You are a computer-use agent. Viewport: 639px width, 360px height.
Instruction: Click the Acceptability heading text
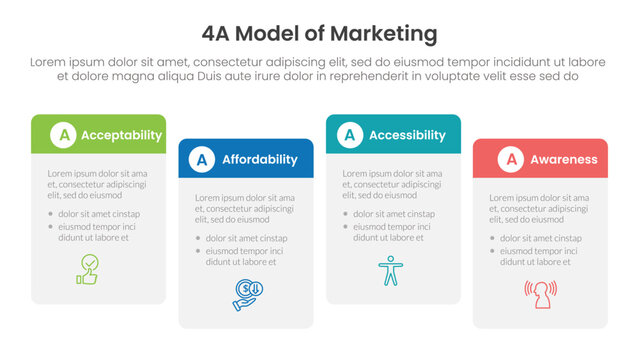[121, 135]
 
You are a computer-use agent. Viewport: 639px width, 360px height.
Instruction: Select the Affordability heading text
[259, 159]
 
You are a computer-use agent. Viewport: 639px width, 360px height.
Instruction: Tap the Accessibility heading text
[407, 135]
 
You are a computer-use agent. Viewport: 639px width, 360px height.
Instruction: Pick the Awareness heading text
[564, 159]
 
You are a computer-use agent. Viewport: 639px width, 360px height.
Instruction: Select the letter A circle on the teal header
[350, 135]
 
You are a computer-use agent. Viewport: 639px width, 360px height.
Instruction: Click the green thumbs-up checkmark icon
[89, 269]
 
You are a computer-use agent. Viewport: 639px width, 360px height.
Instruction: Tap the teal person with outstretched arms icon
[387, 270]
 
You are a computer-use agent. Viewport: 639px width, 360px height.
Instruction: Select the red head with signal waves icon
[540, 293]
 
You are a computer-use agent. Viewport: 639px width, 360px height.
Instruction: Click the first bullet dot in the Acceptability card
[49, 214]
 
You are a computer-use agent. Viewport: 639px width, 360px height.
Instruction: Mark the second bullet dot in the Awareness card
[492, 251]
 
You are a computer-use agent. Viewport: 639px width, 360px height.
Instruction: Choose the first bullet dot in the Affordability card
[197, 238]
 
